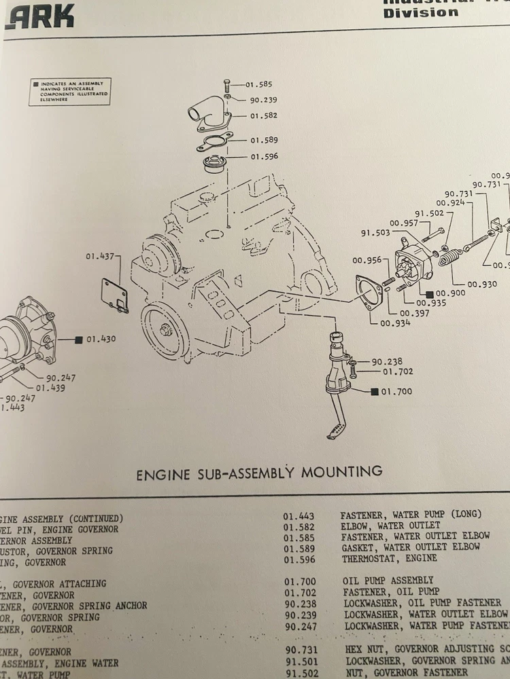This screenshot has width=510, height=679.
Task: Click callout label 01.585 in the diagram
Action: [259, 84]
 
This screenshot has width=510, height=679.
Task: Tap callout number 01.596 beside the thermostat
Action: [264, 157]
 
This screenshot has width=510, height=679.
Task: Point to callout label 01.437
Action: [99, 256]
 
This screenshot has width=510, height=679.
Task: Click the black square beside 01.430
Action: [79, 338]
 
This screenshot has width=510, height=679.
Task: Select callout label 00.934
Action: [395, 323]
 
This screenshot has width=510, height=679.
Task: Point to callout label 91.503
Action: [375, 234]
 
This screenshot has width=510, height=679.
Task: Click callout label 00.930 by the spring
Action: [482, 284]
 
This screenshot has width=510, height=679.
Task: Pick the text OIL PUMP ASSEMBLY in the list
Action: [388, 581]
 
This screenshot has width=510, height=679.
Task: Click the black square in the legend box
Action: [35, 86]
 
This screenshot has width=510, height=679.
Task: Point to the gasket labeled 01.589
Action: [211, 143]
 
